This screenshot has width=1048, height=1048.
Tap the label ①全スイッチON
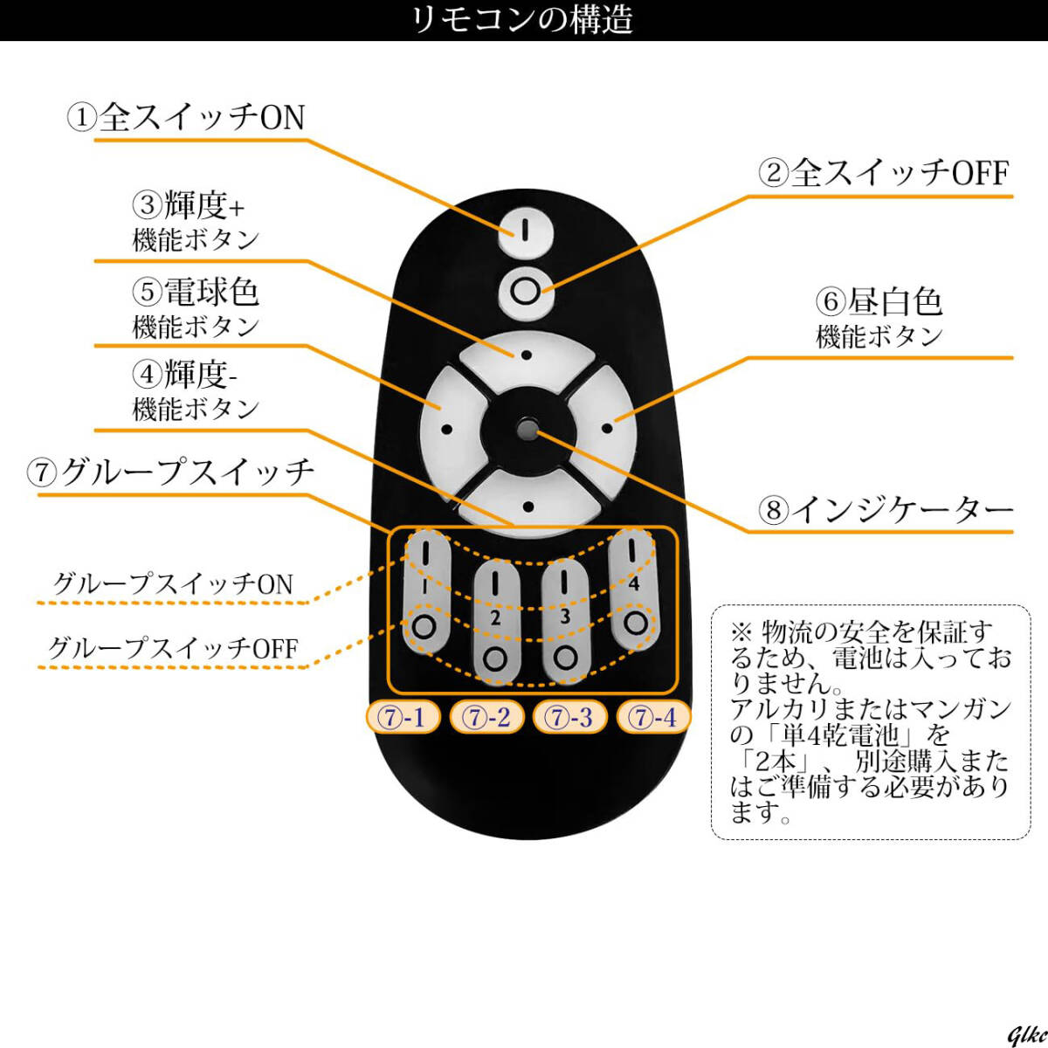[x=187, y=118]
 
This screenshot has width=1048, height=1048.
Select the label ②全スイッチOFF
[x=883, y=173]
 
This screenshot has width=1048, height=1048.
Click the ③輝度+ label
[x=190, y=207]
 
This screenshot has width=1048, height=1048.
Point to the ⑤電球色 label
[x=196, y=293]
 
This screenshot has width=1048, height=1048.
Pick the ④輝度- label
[x=186, y=376]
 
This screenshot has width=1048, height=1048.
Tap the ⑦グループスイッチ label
[x=171, y=472]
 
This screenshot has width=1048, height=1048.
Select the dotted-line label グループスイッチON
[x=173, y=583]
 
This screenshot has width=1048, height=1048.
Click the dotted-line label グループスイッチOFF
[x=173, y=648]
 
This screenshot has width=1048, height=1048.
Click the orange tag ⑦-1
[x=402, y=718]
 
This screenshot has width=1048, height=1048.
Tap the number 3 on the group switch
[x=565, y=617]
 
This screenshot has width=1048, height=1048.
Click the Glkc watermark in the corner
[x=1025, y=1035]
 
